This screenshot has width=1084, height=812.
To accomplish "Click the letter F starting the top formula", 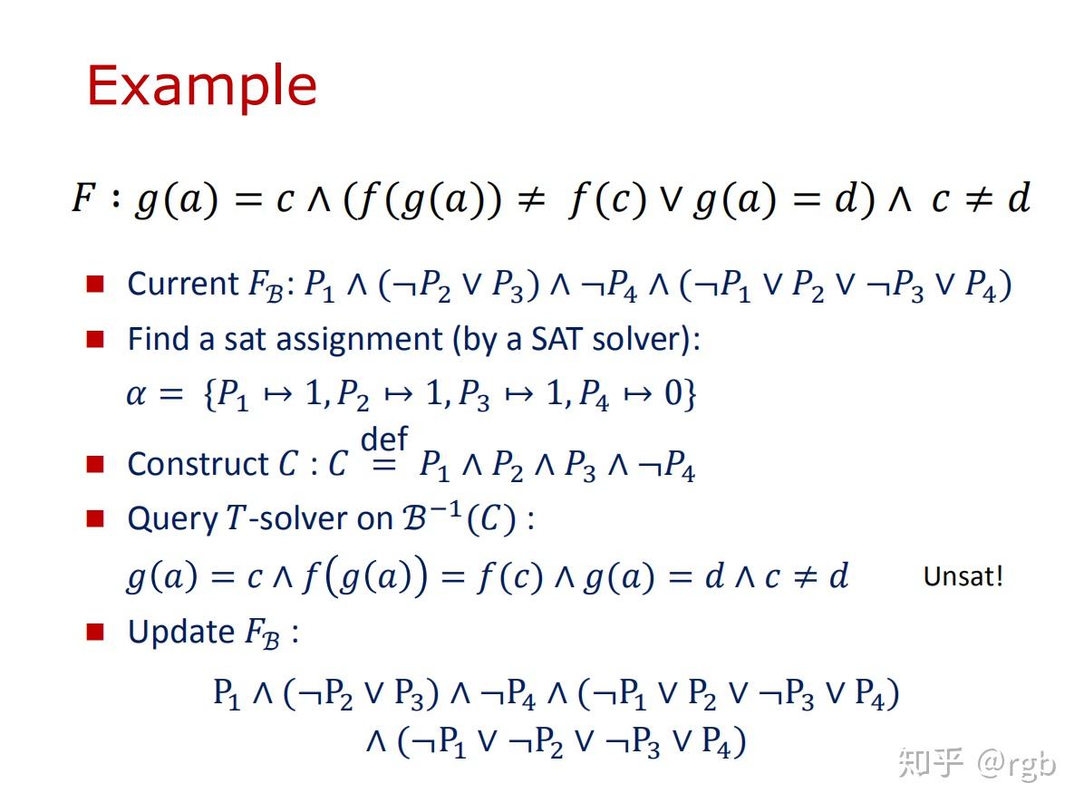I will click(x=83, y=198).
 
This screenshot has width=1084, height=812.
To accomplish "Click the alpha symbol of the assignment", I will click(x=136, y=395).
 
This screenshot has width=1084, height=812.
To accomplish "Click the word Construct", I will click(x=198, y=464).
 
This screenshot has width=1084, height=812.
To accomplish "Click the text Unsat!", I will click(x=963, y=576).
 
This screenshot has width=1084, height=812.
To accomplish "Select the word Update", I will click(x=181, y=632).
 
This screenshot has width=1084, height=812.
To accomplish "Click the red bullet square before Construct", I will click(x=95, y=464).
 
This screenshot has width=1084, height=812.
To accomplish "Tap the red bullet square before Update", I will click(x=95, y=632).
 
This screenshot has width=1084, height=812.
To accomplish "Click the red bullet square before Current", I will click(x=95, y=284).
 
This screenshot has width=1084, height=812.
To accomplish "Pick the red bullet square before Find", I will click(x=95, y=339).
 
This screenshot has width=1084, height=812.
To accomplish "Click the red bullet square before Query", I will click(x=95, y=518).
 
